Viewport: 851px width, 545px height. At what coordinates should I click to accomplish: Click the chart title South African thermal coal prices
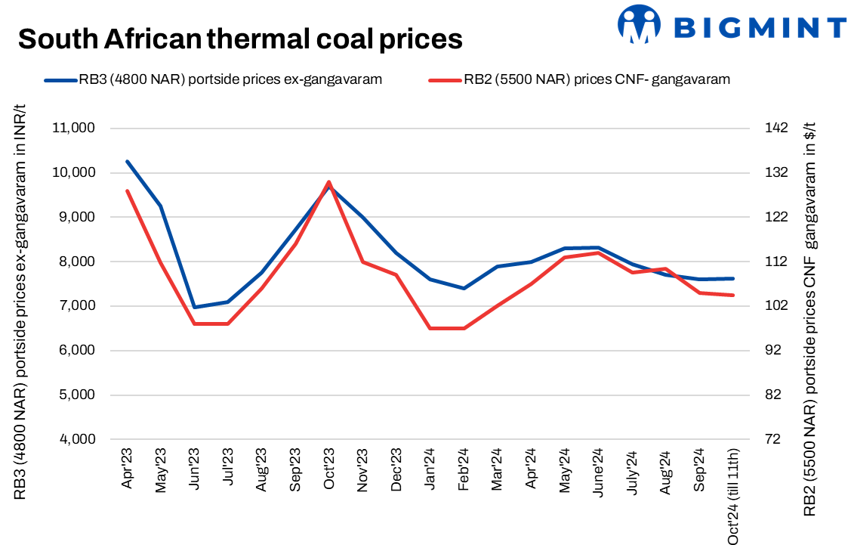[x=240, y=38]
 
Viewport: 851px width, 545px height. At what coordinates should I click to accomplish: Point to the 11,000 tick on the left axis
[x=73, y=129]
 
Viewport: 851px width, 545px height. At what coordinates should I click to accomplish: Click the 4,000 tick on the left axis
[x=76, y=440]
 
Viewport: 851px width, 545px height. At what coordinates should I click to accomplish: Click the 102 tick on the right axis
[x=774, y=306]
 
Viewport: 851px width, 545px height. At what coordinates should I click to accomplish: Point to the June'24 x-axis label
[x=598, y=472]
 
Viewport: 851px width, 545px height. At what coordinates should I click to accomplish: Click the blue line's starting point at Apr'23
[x=128, y=161]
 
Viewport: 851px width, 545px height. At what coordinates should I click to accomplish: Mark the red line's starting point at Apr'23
[x=128, y=190]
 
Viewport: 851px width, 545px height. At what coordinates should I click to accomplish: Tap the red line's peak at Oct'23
[x=329, y=181]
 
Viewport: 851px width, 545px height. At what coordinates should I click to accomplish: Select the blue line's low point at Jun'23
[x=195, y=308]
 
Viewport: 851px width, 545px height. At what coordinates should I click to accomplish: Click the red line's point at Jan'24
[x=430, y=328]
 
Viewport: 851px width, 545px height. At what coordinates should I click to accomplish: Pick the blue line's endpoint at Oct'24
[x=733, y=278]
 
